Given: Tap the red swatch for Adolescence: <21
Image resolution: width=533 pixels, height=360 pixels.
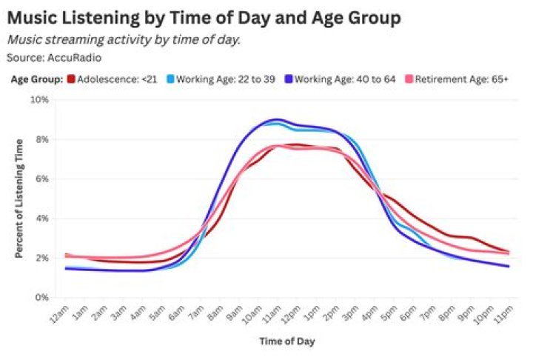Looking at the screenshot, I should click(x=71, y=79).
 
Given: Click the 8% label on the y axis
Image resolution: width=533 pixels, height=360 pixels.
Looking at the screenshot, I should click(x=41, y=139).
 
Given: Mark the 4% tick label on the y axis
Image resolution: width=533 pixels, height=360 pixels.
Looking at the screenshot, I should click(x=41, y=219).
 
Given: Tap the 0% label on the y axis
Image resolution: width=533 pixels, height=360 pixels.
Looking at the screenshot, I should click(x=41, y=298).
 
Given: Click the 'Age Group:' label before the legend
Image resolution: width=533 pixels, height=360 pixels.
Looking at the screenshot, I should click(x=36, y=79).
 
